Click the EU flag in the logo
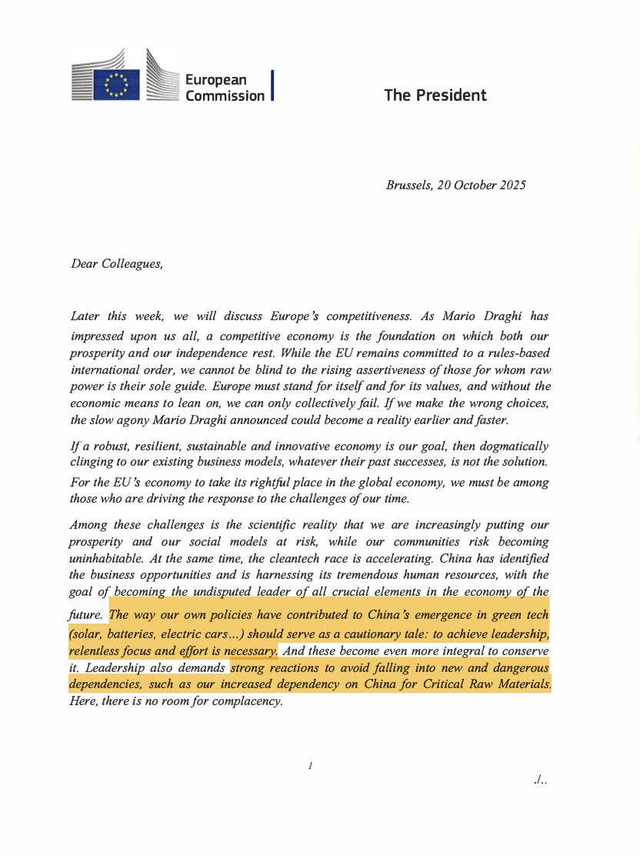pos(117,81)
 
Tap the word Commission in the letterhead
pos(225,95)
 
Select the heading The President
pos(435,95)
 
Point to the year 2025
pos(511,186)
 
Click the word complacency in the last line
pos(248,702)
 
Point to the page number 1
pos(309,766)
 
